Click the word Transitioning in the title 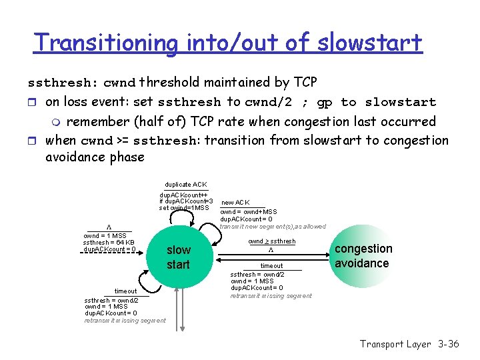coord(105,43)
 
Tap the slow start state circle coord(178,257)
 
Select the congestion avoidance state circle coord(363,256)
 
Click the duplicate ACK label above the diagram coord(185,184)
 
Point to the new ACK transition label coord(235,202)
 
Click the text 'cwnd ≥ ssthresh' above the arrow coord(271,241)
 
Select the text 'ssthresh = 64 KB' coord(109,243)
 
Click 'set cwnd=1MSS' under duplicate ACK coord(184,207)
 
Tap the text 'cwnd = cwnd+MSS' coord(249,212)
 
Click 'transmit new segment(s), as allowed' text coord(273,227)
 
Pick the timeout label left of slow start coord(125,291)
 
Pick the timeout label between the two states coord(271,266)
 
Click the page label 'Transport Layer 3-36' coord(409,344)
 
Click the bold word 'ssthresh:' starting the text coord(63,83)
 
